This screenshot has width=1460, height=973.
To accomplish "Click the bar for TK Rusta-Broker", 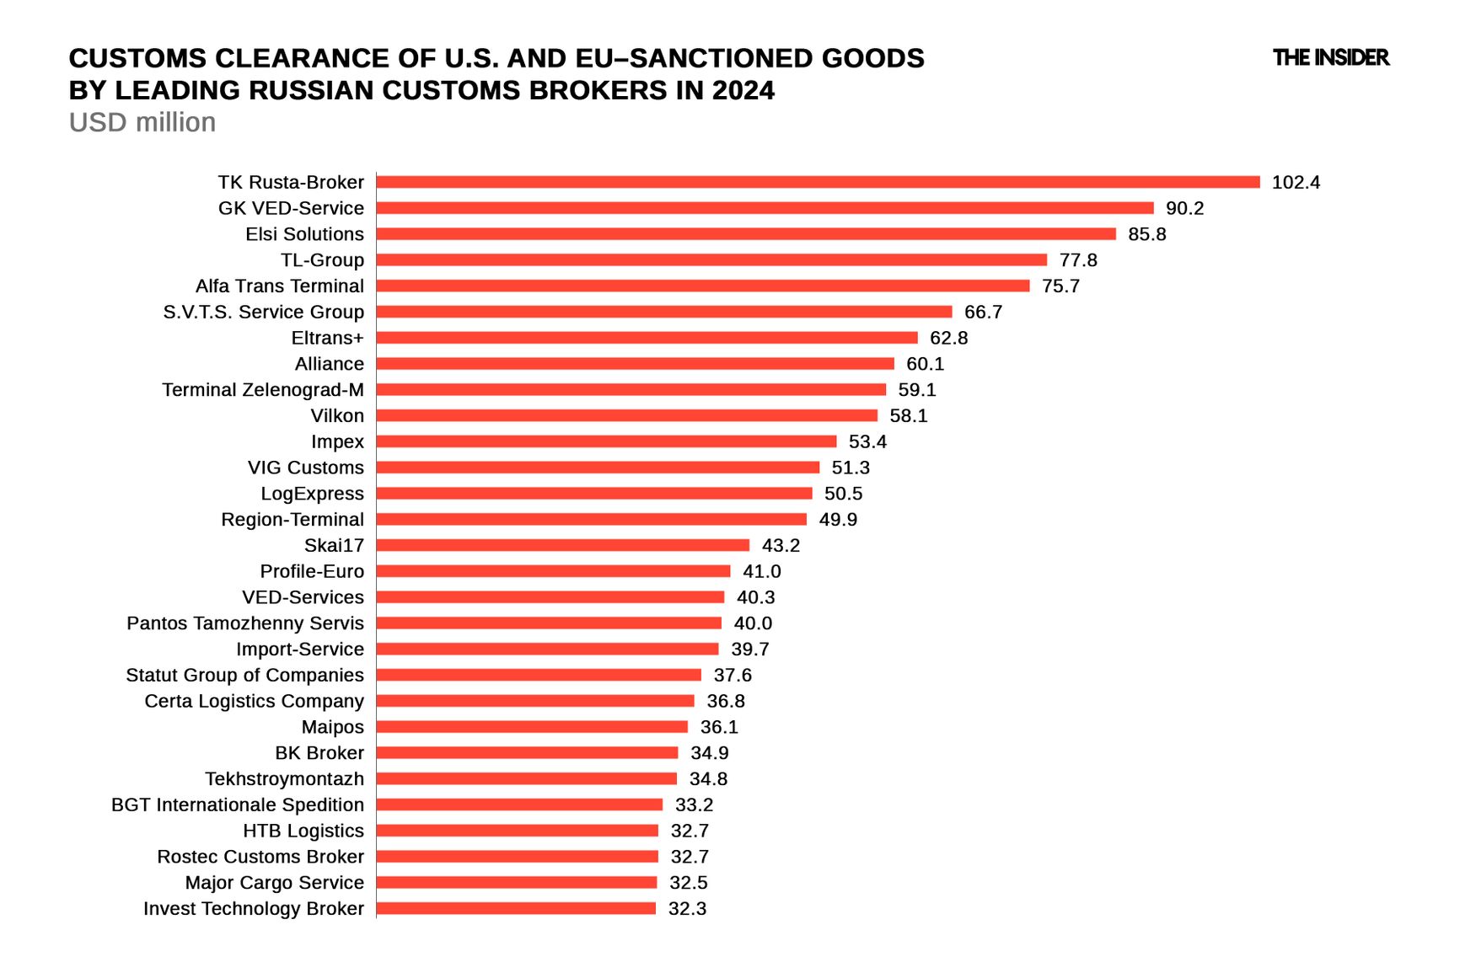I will coord(818,182).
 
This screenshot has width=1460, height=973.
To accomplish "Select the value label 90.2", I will coord(1184,208).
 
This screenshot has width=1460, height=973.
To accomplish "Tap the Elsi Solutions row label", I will coord(304,234).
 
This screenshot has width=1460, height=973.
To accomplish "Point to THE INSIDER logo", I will coord(1330,57).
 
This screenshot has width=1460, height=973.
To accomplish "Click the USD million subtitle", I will coord(142,122).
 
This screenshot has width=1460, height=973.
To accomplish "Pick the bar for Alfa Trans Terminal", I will coord(702,286).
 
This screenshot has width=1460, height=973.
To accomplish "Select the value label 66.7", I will coord(983,312).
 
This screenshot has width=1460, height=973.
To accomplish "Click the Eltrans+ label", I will coord(327,338).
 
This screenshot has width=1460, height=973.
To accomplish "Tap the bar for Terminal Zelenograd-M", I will coord(631,389).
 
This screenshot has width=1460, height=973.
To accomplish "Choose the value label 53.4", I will coord(867,441).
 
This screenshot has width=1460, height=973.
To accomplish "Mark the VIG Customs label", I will coord(305,468).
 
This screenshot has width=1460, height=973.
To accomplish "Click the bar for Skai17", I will coord(562,545).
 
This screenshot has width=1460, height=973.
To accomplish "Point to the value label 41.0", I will coord(761,571).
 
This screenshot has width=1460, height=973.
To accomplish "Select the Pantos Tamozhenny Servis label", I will coord(244,623).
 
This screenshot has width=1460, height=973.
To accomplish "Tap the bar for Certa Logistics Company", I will coord(535,701).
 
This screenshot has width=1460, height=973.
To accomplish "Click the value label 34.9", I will coord(709,753).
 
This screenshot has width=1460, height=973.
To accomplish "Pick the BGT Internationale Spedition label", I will coord(237,805).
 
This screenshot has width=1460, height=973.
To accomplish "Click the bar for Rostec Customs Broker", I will coord(517,857).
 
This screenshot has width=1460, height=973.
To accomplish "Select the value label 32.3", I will coord(687,909).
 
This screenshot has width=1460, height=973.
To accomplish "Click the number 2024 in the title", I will coord(743,90).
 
